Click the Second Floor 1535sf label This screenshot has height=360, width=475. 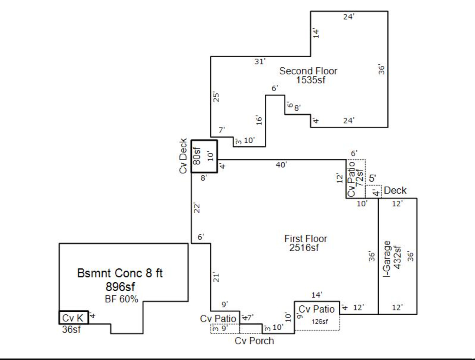[x=308, y=75]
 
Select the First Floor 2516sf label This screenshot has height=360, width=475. [x=306, y=243]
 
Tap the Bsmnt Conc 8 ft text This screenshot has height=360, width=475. [x=120, y=273]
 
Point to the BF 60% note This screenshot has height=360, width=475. [x=121, y=299]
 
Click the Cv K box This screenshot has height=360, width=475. [x=73, y=318]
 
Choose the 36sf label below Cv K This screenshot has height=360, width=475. [x=71, y=330]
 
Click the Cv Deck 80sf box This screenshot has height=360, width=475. [x=204, y=156]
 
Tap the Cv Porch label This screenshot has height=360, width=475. [x=254, y=341]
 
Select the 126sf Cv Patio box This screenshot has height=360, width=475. [x=317, y=316]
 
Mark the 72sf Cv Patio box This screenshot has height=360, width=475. [x=356, y=179]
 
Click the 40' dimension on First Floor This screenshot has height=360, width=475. [x=281, y=165]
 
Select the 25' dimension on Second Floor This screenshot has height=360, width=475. [x=216, y=97]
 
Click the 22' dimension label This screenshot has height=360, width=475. [x=197, y=208]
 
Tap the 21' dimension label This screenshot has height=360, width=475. [x=216, y=277]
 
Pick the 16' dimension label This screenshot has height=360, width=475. [x=259, y=120]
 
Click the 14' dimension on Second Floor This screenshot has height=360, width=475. [x=316, y=33]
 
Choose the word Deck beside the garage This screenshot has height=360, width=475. [x=395, y=190]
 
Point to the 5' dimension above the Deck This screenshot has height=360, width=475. [x=372, y=179]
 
